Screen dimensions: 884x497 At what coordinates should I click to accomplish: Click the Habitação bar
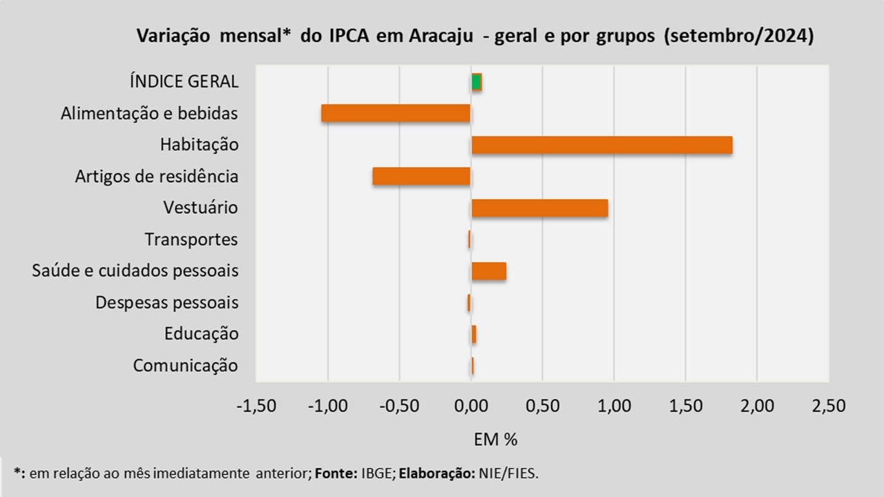(602, 145)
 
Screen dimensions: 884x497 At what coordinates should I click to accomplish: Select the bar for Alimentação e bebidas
(396, 113)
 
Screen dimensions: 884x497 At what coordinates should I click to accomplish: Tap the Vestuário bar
(539, 208)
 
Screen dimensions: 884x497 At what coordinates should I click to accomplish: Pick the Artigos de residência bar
(421, 176)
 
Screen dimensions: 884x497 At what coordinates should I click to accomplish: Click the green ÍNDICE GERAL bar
(477, 82)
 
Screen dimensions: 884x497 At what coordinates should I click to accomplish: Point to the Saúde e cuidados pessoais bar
(489, 271)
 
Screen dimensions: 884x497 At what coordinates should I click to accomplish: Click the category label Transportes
(191, 240)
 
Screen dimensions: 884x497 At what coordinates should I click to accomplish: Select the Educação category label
(201, 333)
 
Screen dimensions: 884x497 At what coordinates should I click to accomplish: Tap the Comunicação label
(186, 365)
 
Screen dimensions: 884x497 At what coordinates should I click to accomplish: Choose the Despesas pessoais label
(167, 302)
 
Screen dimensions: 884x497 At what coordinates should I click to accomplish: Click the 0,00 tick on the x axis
(471, 406)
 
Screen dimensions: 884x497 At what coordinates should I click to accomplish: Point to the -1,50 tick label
(256, 406)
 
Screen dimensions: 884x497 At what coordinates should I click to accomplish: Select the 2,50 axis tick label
(829, 406)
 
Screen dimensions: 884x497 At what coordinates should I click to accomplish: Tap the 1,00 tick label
(614, 406)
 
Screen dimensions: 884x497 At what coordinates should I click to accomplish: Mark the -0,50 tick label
(399, 406)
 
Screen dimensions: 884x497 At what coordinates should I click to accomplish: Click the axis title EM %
(495, 440)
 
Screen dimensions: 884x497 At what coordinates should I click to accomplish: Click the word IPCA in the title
(349, 36)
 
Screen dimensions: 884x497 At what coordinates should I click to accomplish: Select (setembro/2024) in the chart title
(739, 36)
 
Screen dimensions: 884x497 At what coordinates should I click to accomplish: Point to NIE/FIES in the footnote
(508, 473)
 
